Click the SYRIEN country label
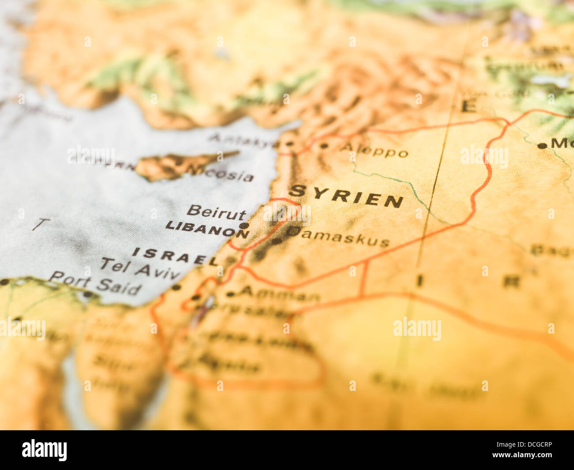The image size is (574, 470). [x=347, y=196]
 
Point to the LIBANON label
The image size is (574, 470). [x=207, y=229]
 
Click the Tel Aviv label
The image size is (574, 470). [x=139, y=268]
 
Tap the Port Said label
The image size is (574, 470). [x=95, y=283]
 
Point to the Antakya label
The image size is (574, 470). [x=243, y=140]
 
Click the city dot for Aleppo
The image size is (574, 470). [x=324, y=146]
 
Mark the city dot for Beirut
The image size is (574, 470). [x=244, y=226]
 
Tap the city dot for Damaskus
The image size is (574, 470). [x=276, y=241]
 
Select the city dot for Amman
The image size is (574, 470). [x=230, y=294]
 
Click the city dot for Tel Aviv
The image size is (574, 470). [x=176, y=287]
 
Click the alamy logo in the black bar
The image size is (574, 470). [x=44, y=450]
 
